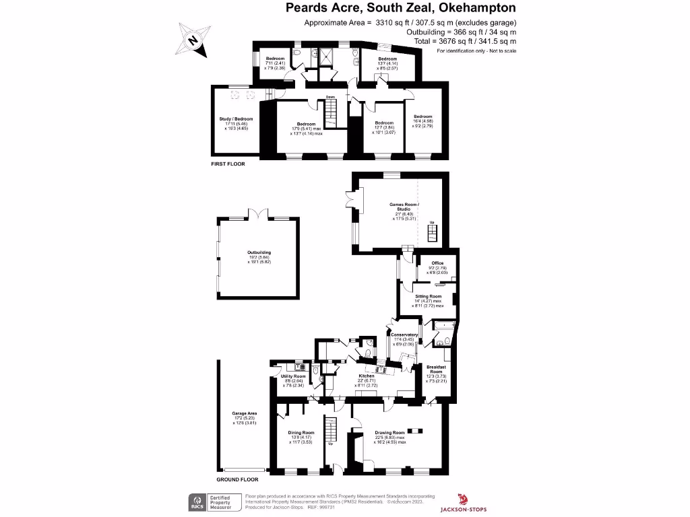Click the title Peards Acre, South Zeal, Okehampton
pos(401,9)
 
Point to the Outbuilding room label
pos(259,252)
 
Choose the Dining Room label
pos(301,432)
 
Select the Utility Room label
pos(293,376)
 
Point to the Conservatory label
pos(404,335)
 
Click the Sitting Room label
pos(428,296)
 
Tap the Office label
pos(437,263)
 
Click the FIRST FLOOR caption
pos(228,164)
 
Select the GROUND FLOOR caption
pos(237,480)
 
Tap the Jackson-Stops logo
pos(464,503)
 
